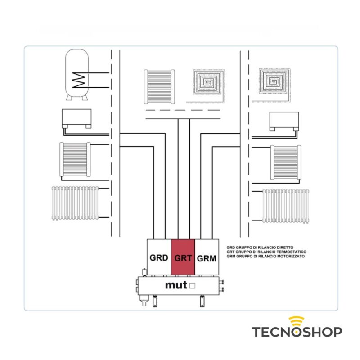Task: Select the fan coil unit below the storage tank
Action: (x=76, y=118)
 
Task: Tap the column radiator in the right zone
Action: (x=286, y=205)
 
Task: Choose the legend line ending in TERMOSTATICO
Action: (x=266, y=252)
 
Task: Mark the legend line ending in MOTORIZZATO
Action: (x=265, y=256)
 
